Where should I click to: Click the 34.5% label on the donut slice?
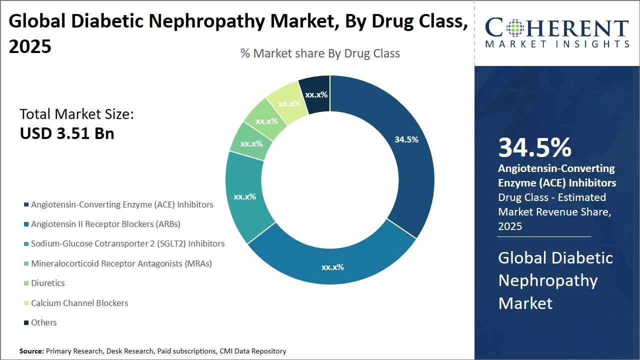pyautogui.click(x=406, y=140)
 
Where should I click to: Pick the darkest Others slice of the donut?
pyautogui.click(x=316, y=94)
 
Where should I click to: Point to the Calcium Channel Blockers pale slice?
pyautogui.click(x=289, y=103)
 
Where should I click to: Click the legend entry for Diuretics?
pyautogui.click(x=47, y=283)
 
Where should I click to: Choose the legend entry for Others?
pyautogui.click(x=43, y=322)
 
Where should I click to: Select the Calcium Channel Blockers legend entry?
pyautogui.click(x=79, y=303)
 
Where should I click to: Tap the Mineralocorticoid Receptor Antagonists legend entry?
pyautogui.click(x=121, y=263)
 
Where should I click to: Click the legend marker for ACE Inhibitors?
pyautogui.click(x=26, y=205)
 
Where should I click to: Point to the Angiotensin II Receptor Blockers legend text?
pyautogui.click(x=105, y=224)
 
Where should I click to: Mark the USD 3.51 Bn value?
pyautogui.click(x=67, y=133)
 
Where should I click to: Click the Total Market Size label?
pyautogui.click(x=76, y=114)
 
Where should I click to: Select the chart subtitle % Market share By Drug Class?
pyautogui.click(x=320, y=53)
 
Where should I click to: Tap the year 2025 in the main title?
pyautogui.click(x=30, y=46)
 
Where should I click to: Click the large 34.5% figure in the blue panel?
pyautogui.click(x=534, y=148)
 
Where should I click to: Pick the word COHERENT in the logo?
pyautogui.click(x=557, y=28)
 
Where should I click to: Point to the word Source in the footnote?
pyautogui.click(x=31, y=351)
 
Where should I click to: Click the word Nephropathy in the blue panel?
pyautogui.click(x=547, y=280)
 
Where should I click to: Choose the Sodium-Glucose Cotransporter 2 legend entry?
pyautogui.click(x=127, y=244)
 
